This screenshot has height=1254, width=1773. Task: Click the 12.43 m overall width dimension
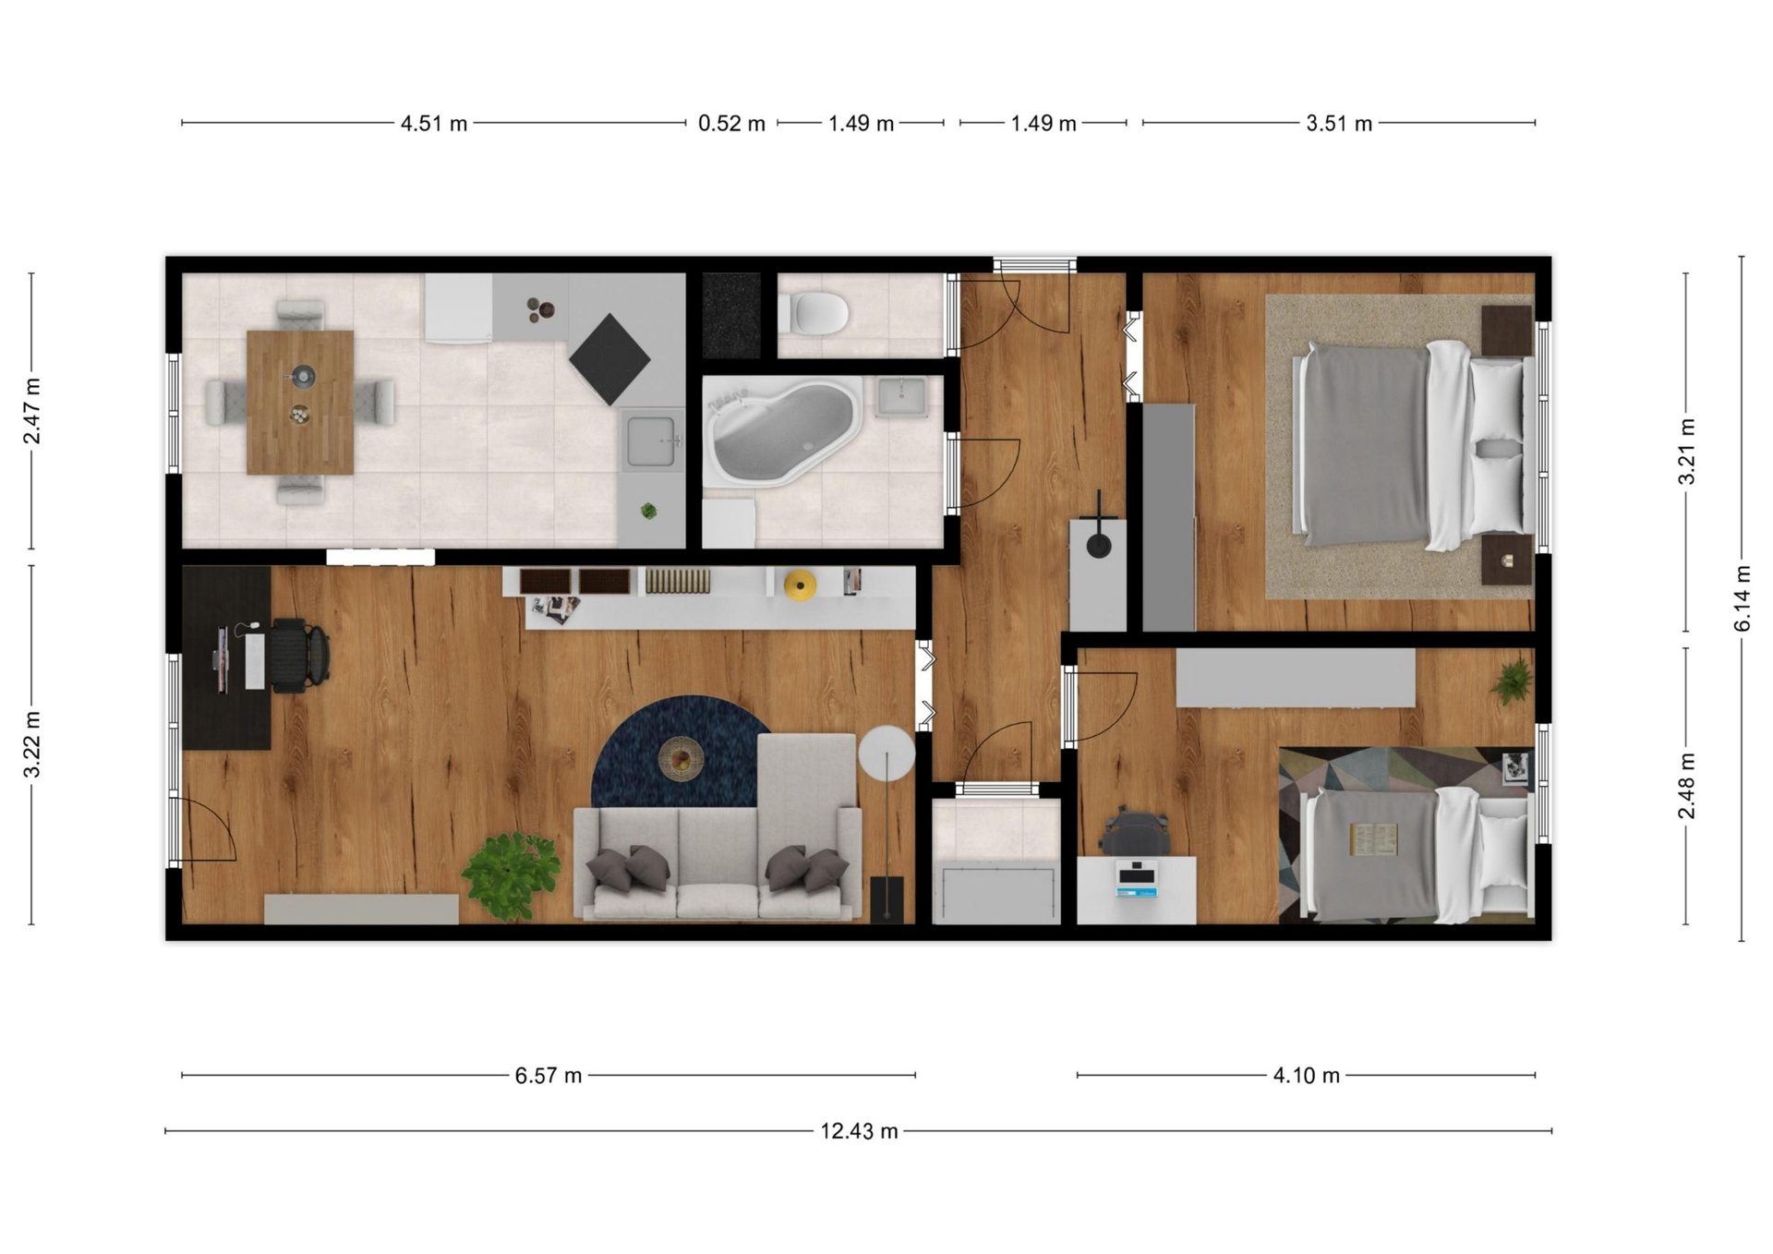click(x=859, y=1131)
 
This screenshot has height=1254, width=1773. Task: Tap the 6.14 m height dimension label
click(x=1742, y=598)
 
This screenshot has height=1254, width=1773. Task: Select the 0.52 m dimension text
click(x=731, y=123)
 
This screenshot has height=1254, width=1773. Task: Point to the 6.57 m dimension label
click(x=549, y=1076)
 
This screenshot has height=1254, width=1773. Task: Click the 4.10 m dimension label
click(x=1306, y=1076)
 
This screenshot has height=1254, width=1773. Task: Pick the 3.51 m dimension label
click(x=1339, y=123)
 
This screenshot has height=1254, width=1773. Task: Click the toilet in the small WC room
click(x=813, y=313)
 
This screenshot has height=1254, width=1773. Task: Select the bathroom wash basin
click(x=901, y=397)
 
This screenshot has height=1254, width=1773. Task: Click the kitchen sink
click(x=652, y=442)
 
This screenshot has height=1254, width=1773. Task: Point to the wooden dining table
click(x=300, y=403)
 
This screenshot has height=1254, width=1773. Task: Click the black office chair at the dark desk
click(x=300, y=655)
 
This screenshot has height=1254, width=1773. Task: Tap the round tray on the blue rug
click(x=681, y=760)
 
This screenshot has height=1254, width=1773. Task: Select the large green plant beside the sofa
click(x=511, y=875)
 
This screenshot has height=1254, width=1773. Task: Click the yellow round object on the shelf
click(x=800, y=585)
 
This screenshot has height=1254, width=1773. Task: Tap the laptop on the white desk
click(x=1137, y=878)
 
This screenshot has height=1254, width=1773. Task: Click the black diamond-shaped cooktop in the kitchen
click(x=609, y=359)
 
